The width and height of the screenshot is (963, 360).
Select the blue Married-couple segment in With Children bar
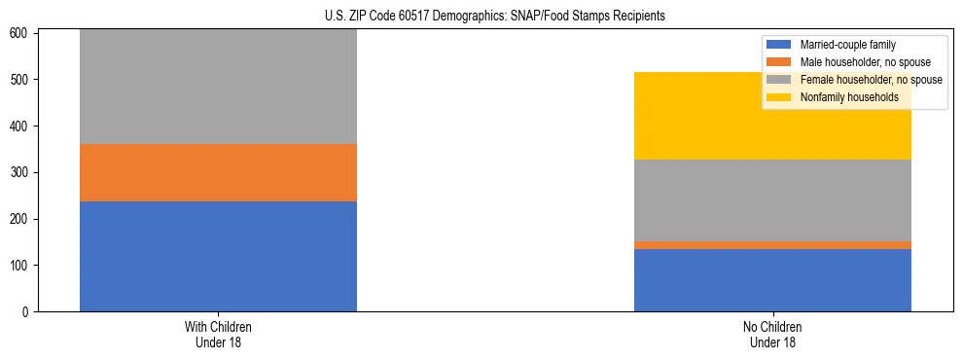point(218,256)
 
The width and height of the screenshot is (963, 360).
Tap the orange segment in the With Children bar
point(218,172)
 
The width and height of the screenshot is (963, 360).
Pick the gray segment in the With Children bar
point(218,88)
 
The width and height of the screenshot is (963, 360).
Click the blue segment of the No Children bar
point(772,280)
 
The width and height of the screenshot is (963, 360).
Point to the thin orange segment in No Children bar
point(772,245)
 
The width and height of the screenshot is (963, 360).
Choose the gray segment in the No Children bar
point(772,199)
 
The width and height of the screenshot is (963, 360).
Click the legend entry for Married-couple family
point(847,45)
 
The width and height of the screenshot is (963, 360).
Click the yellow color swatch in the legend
point(779,97)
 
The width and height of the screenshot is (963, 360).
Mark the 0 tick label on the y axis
point(26,312)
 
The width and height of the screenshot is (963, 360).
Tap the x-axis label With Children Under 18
point(218,334)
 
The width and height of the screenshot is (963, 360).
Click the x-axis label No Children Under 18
point(772,334)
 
